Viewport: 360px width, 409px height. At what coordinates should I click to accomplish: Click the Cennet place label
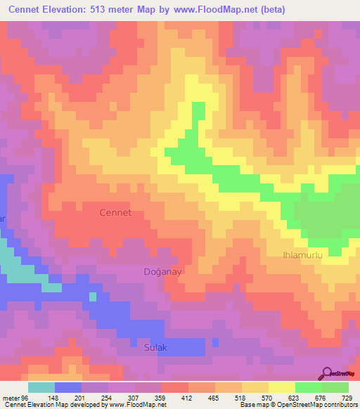[x=115, y=212]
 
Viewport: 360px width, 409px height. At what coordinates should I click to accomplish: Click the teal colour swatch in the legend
[x=41, y=387]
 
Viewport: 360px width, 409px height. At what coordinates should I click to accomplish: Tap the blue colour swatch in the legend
[x=67, y=387]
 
